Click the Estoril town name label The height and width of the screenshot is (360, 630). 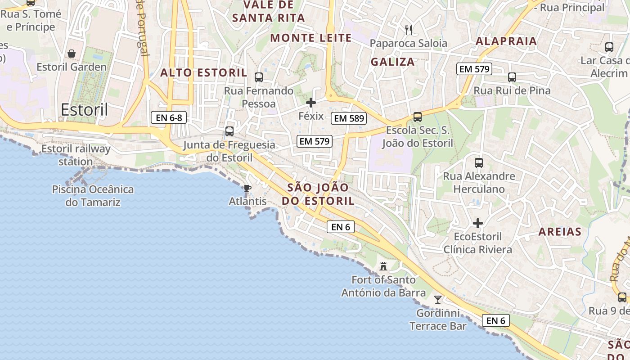84,109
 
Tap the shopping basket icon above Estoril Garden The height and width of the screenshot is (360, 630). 72,54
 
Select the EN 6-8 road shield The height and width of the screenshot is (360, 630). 168,118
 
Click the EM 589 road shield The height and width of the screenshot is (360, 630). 349,119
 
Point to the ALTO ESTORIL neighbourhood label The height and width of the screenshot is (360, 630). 204,72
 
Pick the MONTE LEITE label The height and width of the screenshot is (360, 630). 311,38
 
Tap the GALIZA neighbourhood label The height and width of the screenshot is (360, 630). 393,62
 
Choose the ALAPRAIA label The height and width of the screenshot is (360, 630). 506,41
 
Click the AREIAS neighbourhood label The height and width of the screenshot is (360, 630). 560,232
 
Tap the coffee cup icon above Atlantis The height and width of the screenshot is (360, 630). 247,188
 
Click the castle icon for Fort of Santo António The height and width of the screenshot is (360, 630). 383,266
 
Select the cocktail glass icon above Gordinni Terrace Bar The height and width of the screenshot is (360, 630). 437,299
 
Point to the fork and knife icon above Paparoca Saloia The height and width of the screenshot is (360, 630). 409,30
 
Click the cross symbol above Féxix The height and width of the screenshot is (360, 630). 311,103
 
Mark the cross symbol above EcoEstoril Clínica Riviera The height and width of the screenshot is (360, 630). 478,223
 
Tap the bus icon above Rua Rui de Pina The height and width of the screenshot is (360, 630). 512,77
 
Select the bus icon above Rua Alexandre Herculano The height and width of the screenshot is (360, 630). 479,162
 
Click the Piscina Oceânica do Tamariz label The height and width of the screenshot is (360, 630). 93,196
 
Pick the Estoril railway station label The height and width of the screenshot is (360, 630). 76,155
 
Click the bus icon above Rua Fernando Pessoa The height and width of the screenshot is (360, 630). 259,77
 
